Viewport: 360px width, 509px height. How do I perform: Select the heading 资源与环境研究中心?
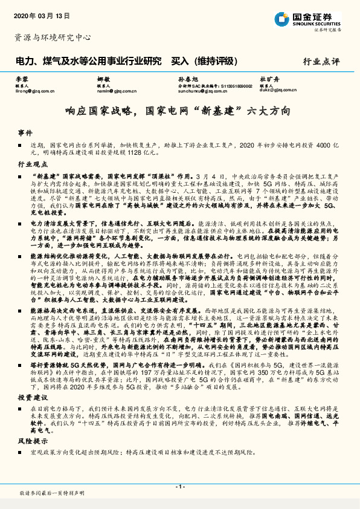[53, 37]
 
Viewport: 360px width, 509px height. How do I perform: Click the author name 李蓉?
[22, 79]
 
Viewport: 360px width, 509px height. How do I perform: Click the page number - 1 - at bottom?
[179, 487]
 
